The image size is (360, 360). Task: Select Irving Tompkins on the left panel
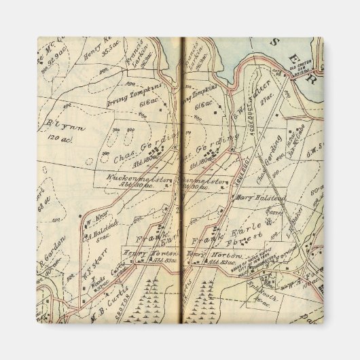[x=143, y=93]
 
